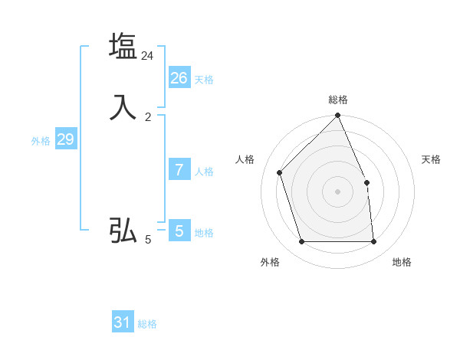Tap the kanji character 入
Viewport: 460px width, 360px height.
(x=123, y=107)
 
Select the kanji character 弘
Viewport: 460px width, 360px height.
(x=123, y=231)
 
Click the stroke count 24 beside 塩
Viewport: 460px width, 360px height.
(x=148, y=56)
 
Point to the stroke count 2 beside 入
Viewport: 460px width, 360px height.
(x=148, y=117)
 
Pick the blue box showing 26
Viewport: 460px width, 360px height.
(x=179, y=77)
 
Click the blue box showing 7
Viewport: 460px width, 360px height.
(x=179, y=169)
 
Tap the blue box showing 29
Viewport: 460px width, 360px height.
(x=65, y=139)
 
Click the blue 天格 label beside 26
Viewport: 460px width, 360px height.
(x=204, y=80)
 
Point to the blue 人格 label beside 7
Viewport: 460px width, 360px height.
(x=204, y=172)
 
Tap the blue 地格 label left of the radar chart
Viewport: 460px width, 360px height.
(x=204, y=233)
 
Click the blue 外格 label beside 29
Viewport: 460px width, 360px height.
(x=41, y=142)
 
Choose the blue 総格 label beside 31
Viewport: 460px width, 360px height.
(x=147, y=325)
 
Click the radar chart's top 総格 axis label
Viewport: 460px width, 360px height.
(x=338, y=100)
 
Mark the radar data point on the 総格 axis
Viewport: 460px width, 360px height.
(x=337, y=116)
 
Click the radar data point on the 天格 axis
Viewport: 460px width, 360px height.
(x=366, y=182)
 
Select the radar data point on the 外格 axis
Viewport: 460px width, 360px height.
(x=301, y=242)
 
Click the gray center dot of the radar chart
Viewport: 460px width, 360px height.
(x=337, y=191)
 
